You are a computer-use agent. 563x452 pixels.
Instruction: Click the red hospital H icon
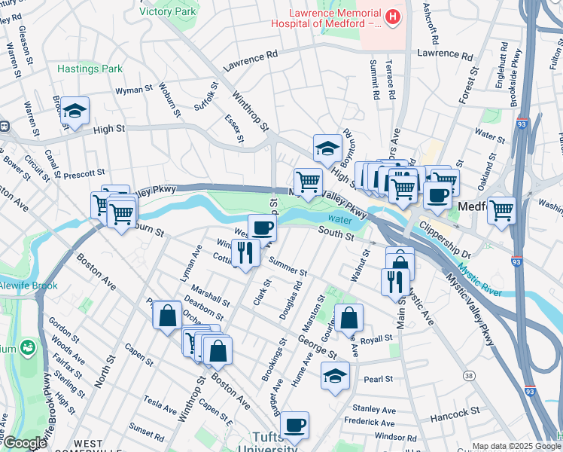(x=392, y=17)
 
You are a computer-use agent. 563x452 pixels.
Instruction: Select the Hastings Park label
(x=90, y=69)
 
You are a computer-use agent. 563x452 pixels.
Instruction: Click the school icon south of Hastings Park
(x=75, y=111)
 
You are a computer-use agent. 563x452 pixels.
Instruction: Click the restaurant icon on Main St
(x=395, y=282)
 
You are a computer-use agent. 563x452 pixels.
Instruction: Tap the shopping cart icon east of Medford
(x=501, y=210)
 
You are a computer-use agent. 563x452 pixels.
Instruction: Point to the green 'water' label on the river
(x=339, y=219)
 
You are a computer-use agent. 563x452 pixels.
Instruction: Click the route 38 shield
(x=470, y=375)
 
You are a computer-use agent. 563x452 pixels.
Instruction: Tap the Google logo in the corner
(x=24, y=443)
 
